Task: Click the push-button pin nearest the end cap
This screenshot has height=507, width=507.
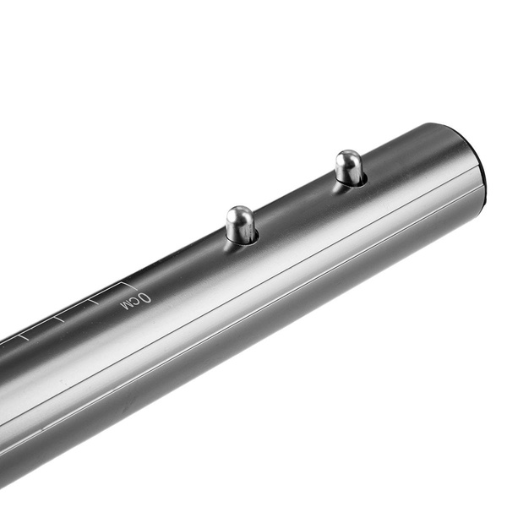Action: (348, 167)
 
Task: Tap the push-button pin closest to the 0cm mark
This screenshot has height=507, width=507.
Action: (241, 225)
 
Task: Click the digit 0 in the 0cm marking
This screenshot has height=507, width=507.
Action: (145, 298)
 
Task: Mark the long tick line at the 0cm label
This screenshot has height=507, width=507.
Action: (128, 286)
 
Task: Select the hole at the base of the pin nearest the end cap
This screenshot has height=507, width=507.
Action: (350, 181)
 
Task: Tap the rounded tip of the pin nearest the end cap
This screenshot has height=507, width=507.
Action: (346, 157)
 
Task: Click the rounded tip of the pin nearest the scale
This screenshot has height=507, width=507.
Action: (239, 213)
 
